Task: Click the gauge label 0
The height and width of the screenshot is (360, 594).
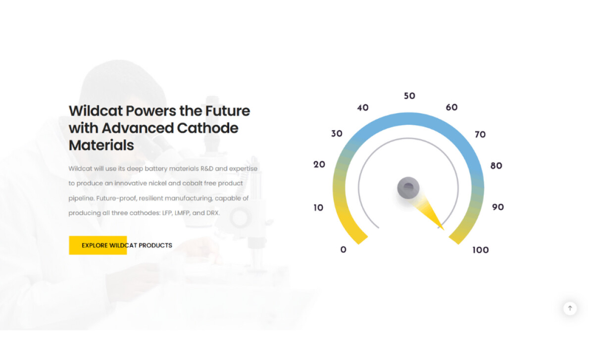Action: pos(343,250)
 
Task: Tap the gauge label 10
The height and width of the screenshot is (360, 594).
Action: pos(318,207)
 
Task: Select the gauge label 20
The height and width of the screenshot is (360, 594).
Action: pos(319,164)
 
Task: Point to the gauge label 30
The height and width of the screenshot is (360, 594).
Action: pos(337,134)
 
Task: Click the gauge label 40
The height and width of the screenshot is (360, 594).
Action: pos(363,107)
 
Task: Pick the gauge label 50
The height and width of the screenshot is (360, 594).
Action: pos(409,96)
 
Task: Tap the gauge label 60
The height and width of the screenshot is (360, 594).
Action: pos(451,107)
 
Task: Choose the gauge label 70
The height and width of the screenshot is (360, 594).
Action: pos(480,134)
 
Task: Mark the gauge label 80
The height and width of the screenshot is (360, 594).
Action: pos(496,166)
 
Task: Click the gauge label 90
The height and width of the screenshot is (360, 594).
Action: pos(497,207)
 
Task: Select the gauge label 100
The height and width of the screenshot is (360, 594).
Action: pos(480,250)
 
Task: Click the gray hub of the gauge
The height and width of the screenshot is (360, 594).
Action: pos(408,188)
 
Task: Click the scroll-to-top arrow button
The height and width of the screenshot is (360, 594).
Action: pos(570,309)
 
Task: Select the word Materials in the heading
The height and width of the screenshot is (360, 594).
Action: pos(101,146)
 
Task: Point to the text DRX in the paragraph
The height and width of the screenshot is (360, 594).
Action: pos(212,213)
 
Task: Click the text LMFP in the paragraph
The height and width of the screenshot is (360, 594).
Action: pos(184,213)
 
